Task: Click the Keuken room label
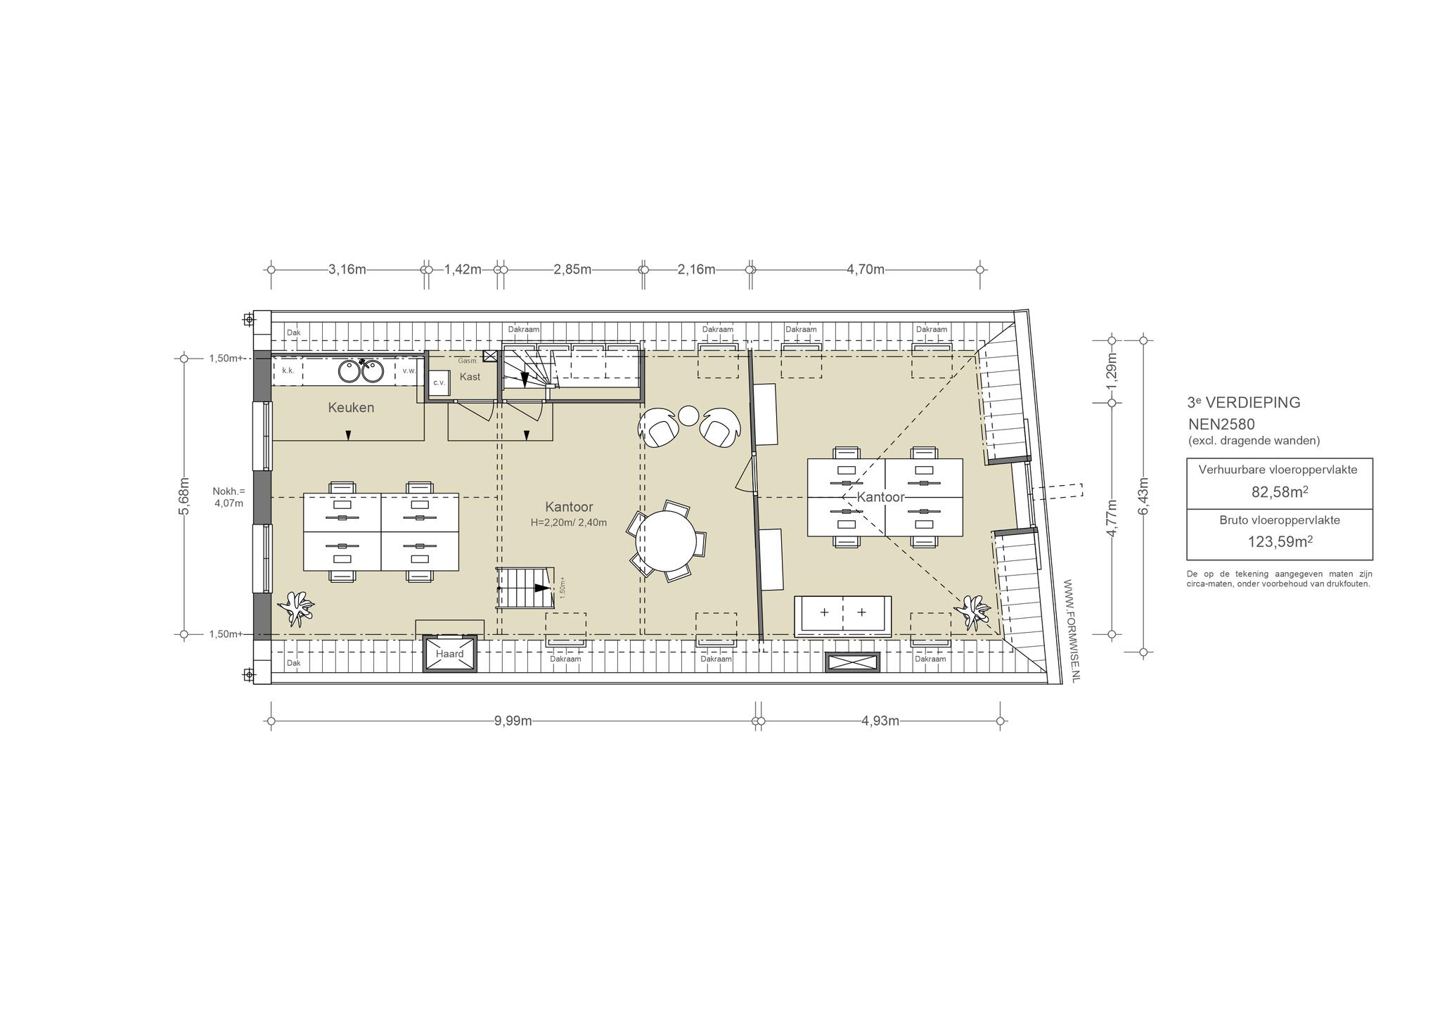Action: (351, 408)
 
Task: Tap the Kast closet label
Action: (470, 377)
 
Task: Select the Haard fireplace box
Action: (449, 654)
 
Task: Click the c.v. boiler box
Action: (439, 382)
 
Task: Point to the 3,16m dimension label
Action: (347, 269)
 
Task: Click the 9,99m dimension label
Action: (513, 721)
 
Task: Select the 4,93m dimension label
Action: (880, 721)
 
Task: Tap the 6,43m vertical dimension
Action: (1143, 496)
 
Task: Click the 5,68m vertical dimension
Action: (184, 496)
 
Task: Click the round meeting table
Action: (665, 542)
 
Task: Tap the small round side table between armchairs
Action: (688, 416)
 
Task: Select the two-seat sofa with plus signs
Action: (843, 616)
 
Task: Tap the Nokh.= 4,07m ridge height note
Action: (229, 497)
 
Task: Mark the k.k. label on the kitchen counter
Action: (288, 371)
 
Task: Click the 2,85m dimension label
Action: (572, 269)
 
